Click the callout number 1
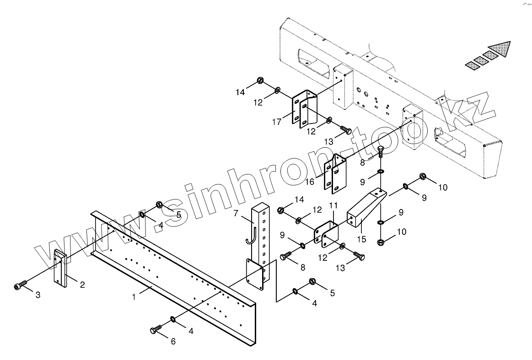[134, 297]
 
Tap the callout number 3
[38, 295]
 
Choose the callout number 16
[310, 182]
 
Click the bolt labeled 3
[18, 286]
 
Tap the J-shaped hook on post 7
[250, 233]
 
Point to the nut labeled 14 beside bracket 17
[259, 81]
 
